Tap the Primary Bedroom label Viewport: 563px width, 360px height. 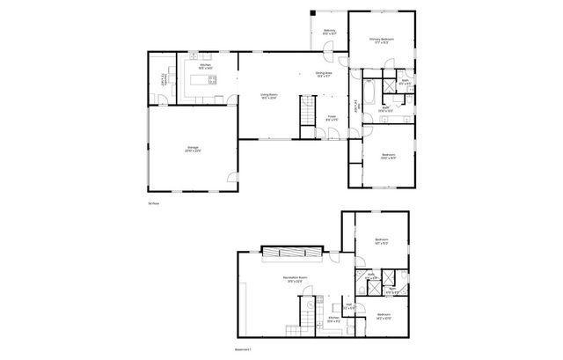pyautogui.click(x=382, y=40)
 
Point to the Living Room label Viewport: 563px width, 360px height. pyautogui.click(x=268, y=95)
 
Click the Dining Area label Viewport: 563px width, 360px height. pyautogui.click(x=324, y=74)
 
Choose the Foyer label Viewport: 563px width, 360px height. pyautogui.click(x=333, y=118)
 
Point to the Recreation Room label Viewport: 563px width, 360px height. pyautogui.click(x=295, y=280)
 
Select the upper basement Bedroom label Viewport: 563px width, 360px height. pyautogui.click(x=382, y=241)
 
